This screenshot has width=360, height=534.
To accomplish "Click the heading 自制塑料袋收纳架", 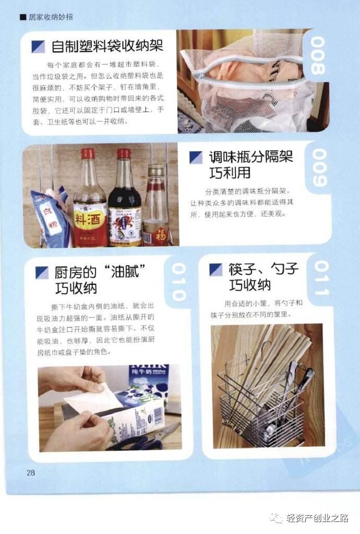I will coord(107,46).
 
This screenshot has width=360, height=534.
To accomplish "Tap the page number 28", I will coord(30,472).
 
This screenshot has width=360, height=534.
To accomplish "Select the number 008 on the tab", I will coord(318,55).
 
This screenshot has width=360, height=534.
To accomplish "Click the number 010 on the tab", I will coord(178,282).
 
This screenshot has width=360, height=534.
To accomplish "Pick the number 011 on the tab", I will coord(321,278).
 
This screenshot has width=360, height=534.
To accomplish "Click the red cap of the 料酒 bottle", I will coord(88,153).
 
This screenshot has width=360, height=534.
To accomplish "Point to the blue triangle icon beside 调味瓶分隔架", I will coord(196,157).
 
